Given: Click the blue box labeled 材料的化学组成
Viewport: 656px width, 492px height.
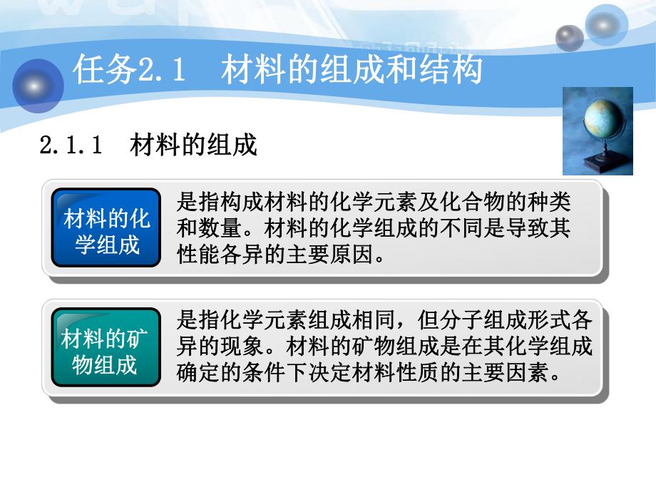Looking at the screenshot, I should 107,228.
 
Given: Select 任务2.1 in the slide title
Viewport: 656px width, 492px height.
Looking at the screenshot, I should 129,71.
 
